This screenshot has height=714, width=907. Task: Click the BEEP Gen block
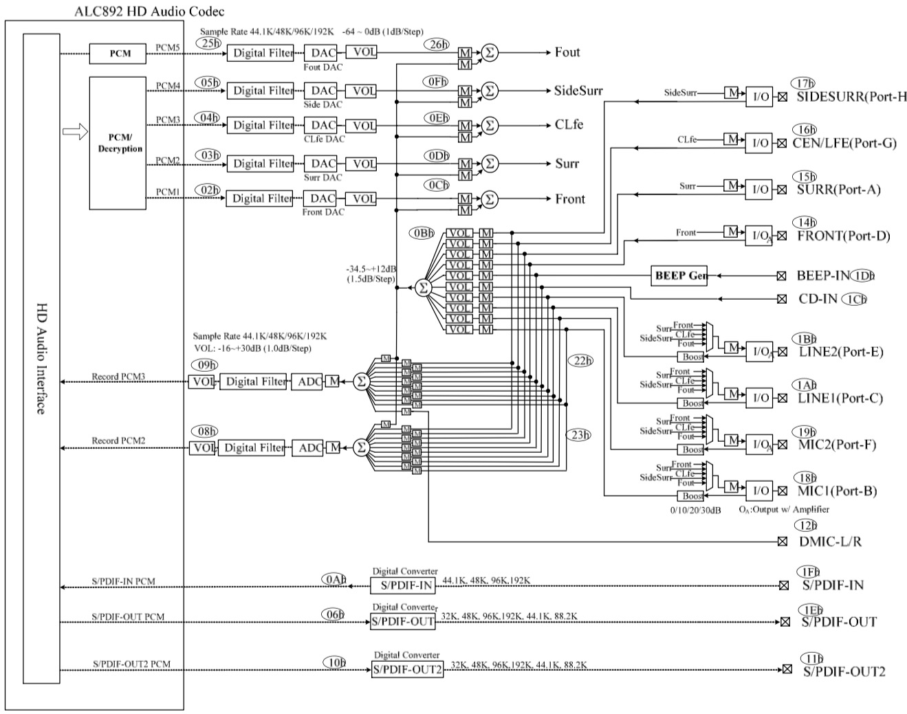679,276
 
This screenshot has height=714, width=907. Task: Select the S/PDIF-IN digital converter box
403,585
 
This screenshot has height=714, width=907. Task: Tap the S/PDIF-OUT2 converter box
408,669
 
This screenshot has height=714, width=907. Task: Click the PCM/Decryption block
120,144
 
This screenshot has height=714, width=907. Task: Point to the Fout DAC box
323,52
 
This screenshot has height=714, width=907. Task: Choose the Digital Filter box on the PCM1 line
262,199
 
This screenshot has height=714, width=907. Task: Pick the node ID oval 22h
580,361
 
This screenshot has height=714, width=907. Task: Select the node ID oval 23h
579,434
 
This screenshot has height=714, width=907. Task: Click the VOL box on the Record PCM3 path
201,381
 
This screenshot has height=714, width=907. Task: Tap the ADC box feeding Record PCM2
309,448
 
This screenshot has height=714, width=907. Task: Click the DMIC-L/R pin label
830,542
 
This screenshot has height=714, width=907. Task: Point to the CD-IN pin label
818,299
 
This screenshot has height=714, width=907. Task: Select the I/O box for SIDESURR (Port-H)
760,97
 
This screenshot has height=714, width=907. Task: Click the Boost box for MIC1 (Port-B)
692,496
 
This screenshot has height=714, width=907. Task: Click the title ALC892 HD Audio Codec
149,12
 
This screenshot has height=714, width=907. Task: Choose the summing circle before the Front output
489,199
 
